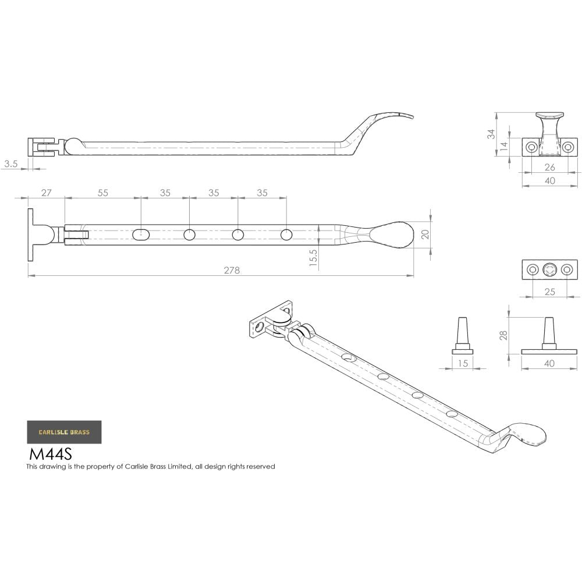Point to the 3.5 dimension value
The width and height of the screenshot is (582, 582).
pyautogui.click(x=11, y=164)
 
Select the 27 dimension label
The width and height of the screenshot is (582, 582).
pyautogui.click(x=47, y=193)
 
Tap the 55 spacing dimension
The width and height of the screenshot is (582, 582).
pyautogui.click(x=102, y=193)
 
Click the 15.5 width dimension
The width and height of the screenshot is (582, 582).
pyautogui.click(x=314, y=258)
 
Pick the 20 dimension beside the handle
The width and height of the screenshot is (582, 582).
pyautogui.click(x=425, y=234)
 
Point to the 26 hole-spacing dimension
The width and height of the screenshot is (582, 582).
pyautogui.click(x=549, y=168)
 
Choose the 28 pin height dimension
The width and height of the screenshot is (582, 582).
pyautogui.click(x=503, y=335)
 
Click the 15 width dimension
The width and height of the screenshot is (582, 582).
pyautogui.click(x=463, y=363)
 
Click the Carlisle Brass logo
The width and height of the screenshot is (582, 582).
pyautogui.click(x=64, y=432)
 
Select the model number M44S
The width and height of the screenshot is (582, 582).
pyautogui.click(x=50, y=453)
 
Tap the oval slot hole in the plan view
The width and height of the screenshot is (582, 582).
pyautogui.click(x=141, y=235)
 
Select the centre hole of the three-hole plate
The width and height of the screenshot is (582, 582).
pyautogui.click(x=549, y=269)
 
